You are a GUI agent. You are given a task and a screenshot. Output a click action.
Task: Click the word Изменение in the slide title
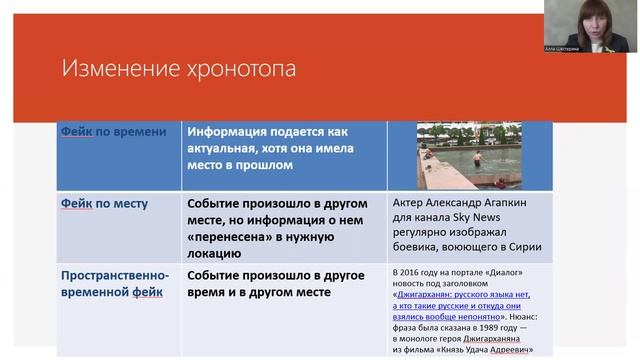(113, 69)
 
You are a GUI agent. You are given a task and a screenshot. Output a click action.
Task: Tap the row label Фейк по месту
(104, 204)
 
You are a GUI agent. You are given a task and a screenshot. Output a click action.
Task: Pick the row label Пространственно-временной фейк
(115, 284)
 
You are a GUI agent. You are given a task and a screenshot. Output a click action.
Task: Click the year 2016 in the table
(412, 273)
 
